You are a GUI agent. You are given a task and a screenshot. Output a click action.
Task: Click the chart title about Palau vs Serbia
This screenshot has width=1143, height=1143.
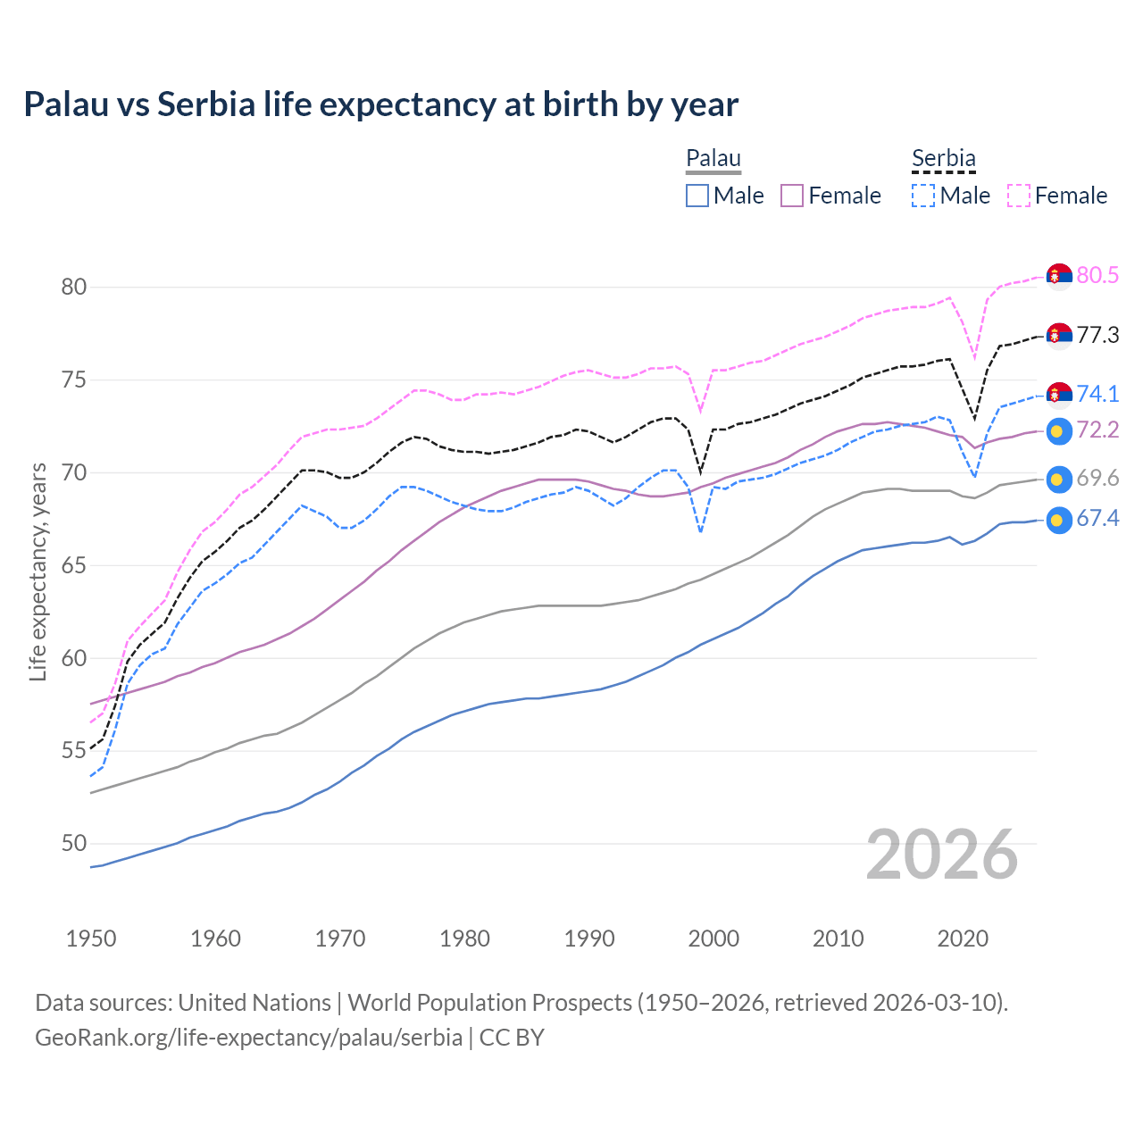click(380, 104)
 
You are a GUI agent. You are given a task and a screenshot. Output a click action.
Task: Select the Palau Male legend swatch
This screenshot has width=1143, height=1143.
click(697, 196)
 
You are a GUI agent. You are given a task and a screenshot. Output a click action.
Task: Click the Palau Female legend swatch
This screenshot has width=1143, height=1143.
click(792, 196)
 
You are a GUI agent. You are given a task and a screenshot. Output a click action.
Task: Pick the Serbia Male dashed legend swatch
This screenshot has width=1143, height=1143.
click(923, 196)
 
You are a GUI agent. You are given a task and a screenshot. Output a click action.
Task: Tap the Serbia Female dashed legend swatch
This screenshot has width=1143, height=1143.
click(1019, 196)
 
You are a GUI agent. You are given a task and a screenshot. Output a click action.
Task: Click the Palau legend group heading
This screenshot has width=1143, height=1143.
click(713, 159)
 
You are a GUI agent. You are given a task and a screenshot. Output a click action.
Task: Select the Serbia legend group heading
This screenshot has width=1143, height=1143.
click(943, 159)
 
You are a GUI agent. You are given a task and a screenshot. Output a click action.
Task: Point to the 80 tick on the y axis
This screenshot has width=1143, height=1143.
click(74, 287)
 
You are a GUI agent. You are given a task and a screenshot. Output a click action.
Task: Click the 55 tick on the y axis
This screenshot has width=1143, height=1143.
click(74, 751)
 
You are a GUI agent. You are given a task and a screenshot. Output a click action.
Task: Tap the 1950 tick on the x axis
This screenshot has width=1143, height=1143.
click(91, 939)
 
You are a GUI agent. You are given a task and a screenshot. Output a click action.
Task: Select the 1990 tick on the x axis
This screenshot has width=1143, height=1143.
click(589, 939)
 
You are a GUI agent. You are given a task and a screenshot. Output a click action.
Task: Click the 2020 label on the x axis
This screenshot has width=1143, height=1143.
click(963, 939)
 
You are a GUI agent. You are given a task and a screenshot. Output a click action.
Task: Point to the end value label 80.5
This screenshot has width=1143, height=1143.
click(1097, 275)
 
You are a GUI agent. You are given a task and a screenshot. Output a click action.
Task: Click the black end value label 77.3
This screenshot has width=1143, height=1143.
click(1097, 335)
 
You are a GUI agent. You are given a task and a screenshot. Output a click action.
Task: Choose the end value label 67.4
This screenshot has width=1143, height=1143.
click(1097, 519)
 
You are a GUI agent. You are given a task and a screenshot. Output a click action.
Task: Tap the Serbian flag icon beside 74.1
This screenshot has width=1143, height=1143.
click(1059, 394)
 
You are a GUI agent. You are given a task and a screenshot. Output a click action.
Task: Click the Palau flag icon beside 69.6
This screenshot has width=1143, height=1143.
click(1059, 479)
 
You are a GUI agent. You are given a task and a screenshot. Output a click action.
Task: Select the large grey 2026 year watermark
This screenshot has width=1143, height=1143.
click(941, 855)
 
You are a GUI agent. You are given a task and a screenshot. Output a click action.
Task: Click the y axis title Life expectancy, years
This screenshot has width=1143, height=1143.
click(38, 571)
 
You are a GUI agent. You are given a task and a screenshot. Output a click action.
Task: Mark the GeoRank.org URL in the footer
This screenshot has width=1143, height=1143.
click(248, 1038)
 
